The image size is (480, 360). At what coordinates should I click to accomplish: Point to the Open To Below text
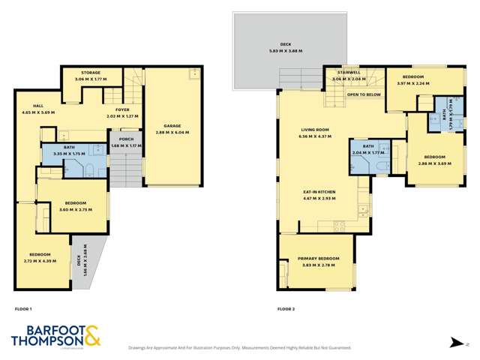[x=362, y=96]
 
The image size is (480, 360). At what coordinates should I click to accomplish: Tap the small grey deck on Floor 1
[x=79, y=262]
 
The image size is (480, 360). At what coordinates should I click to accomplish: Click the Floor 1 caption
[x=23, y=309]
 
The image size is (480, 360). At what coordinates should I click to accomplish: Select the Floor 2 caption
[x=286, y=309]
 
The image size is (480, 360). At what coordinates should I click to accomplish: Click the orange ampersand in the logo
[x=91, y=337]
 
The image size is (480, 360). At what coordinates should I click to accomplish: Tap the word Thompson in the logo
[x=46, y=342]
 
